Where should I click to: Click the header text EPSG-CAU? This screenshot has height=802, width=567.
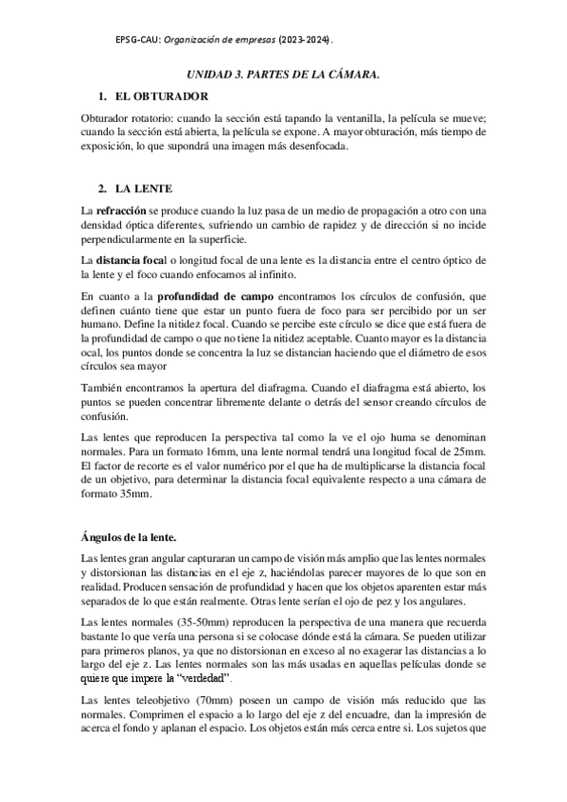pyautogui.click(x=136, y=41)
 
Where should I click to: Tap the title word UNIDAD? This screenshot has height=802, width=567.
pyautogui.click(x=210, y=73)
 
